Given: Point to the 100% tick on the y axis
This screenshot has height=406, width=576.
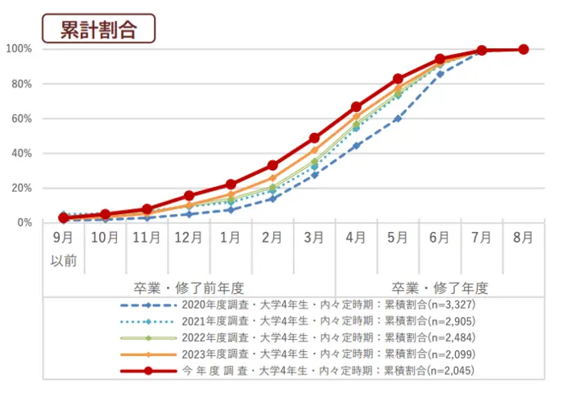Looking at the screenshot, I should pos(20,49).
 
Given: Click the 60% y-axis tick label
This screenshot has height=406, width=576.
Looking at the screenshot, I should pos(22,118).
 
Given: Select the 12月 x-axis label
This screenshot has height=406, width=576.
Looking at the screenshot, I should pos(188,239).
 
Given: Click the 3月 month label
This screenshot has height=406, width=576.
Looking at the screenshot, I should pos(313,239).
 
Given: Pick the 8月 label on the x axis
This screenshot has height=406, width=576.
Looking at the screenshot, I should pos(523,239).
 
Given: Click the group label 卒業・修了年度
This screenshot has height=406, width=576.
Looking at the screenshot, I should pos(439,288).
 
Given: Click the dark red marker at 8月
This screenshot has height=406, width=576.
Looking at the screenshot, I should pos(524,49).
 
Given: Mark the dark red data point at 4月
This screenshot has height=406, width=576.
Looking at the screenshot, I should pos(356,107).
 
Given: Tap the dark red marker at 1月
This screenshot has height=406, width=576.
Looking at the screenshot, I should pos(231,185).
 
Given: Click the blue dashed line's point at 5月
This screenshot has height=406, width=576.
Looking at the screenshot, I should pos(398,118).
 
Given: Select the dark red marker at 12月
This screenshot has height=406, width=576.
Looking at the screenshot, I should pos(189,196).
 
